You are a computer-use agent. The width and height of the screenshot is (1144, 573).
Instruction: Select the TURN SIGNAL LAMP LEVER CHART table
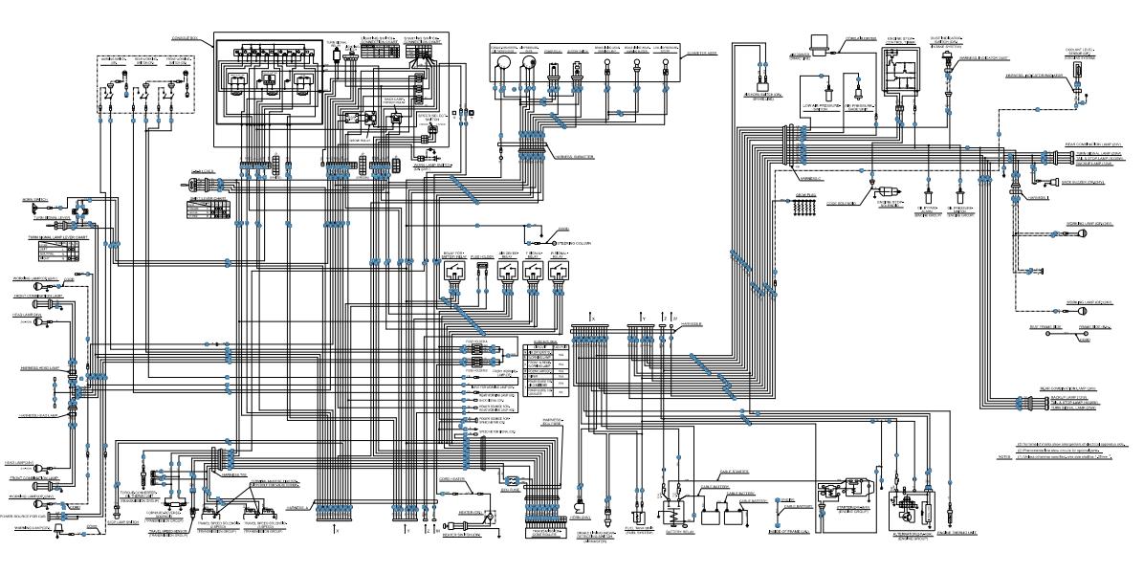coord(56,253)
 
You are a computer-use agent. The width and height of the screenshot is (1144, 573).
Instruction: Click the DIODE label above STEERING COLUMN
coord(563,230)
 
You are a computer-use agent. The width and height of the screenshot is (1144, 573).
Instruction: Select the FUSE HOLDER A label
coord(478,341)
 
